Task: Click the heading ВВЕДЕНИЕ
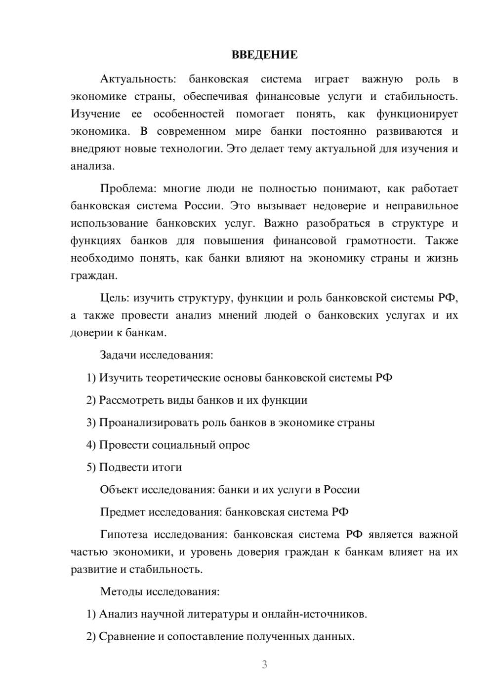tap(264, 55)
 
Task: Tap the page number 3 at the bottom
tap(264, 664)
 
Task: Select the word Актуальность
tap(138, 79)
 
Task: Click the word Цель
tap(115, 298)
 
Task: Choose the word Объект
tap(119, 490)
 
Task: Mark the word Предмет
tap(123, 512)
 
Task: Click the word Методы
tap(122, 591)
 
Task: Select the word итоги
tap(168, 467)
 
